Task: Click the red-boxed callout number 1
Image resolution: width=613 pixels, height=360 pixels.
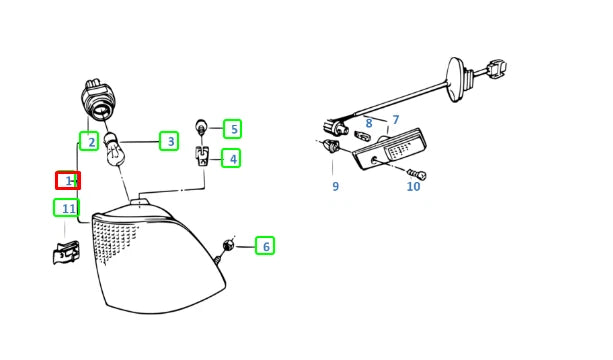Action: pyautogui.click(x=68, y=181)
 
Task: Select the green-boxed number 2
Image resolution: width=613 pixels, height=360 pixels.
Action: pyautogui.click(x=89, y=141)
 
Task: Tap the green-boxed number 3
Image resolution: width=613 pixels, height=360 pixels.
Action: pyautogui.click(x=169, y=141)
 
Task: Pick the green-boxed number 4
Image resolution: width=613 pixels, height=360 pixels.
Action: pyautogui.click(x=231, y=159)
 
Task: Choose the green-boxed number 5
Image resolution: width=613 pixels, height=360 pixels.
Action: pyautogui.click(x=233, y=129)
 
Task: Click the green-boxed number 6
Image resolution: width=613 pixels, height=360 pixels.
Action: pyautogui.click(x=265, y=246)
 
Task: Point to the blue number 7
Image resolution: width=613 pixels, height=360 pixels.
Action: pyautogui.click(x=396, y=120)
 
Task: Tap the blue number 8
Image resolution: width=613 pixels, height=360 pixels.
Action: pyautogui.click(x=369, y=124)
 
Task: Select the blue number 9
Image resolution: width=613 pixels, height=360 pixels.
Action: pyautogui.click(x=335, y=186)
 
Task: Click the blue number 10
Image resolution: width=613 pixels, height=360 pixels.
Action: pyautogui.click(x=413, y=186)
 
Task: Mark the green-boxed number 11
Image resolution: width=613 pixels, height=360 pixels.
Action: pyautogui.click(x=66, y=208)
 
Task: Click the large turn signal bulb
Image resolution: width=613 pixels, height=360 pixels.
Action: pyautogui.click(x=115, y=150)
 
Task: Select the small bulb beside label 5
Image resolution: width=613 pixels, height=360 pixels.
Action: pyautogui.click(x=201, y=127)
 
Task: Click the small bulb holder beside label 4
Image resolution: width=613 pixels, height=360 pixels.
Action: pyautogui.click(x=202, y=156)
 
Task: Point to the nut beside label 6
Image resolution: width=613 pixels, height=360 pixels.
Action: pyautogui.click(x=228, y=246)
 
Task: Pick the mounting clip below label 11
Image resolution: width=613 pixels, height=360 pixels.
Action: pyautogui.click(x=66, y=253)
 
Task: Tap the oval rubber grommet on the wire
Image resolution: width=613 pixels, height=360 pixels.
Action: pyautogui.click(x=455, y=80)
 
